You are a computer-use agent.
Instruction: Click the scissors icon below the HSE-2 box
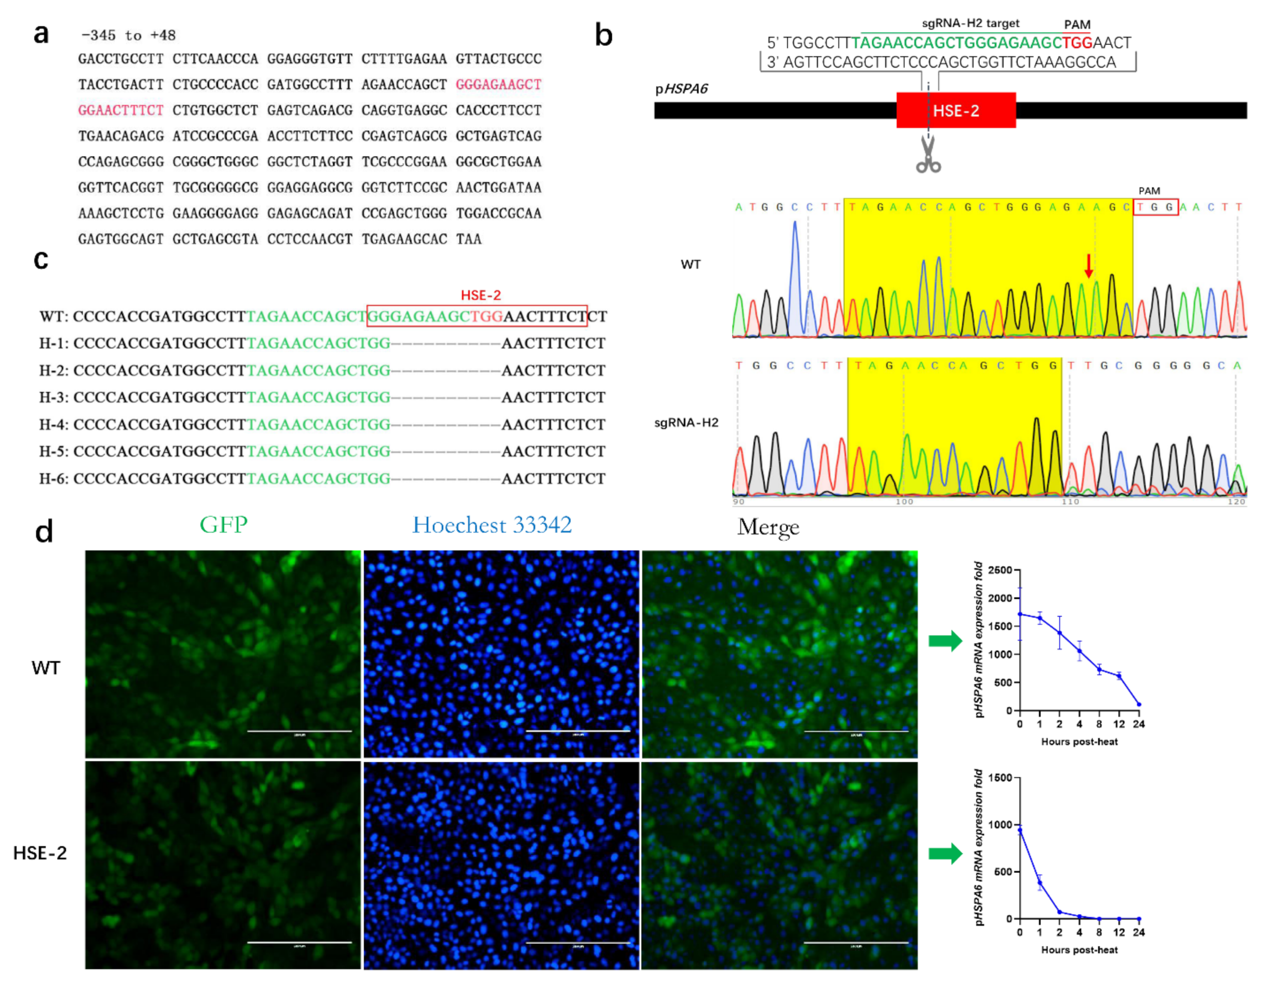pos(928,154)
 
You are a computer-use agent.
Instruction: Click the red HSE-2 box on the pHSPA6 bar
pos(956,111)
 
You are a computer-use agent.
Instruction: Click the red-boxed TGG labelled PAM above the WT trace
pos(1155,207)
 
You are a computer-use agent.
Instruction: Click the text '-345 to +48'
pos(129,35)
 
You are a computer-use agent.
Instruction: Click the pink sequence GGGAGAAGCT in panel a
pos(498,85)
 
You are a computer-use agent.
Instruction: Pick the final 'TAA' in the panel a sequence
pos(469,239)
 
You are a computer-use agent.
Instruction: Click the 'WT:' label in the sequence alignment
pos(54,317)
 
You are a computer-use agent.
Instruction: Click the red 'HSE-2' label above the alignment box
pos(481,295)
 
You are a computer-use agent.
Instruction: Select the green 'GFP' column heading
pos(224,524)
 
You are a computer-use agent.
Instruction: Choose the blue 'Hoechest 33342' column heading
pos(492,525)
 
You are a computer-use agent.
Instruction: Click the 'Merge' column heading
pos(768,527)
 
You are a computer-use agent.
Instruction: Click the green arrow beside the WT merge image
pos(945,641)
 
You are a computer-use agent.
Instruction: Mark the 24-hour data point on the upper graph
pos(1139,704)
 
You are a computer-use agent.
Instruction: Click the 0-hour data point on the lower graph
pos(1020,830)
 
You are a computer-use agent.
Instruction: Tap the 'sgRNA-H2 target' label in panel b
pos(970,24)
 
